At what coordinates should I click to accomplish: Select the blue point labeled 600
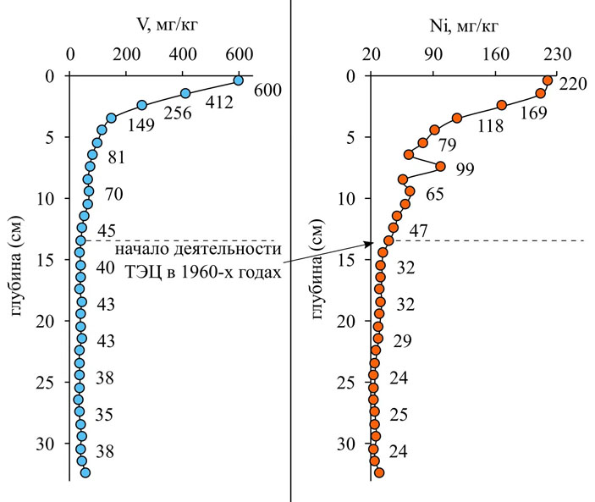tap(238, 81)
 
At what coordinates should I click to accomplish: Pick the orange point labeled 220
tap(548, 80)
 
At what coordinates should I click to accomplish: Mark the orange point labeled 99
tap(440, 166)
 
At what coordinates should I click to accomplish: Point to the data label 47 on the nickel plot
tap(419, 230)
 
